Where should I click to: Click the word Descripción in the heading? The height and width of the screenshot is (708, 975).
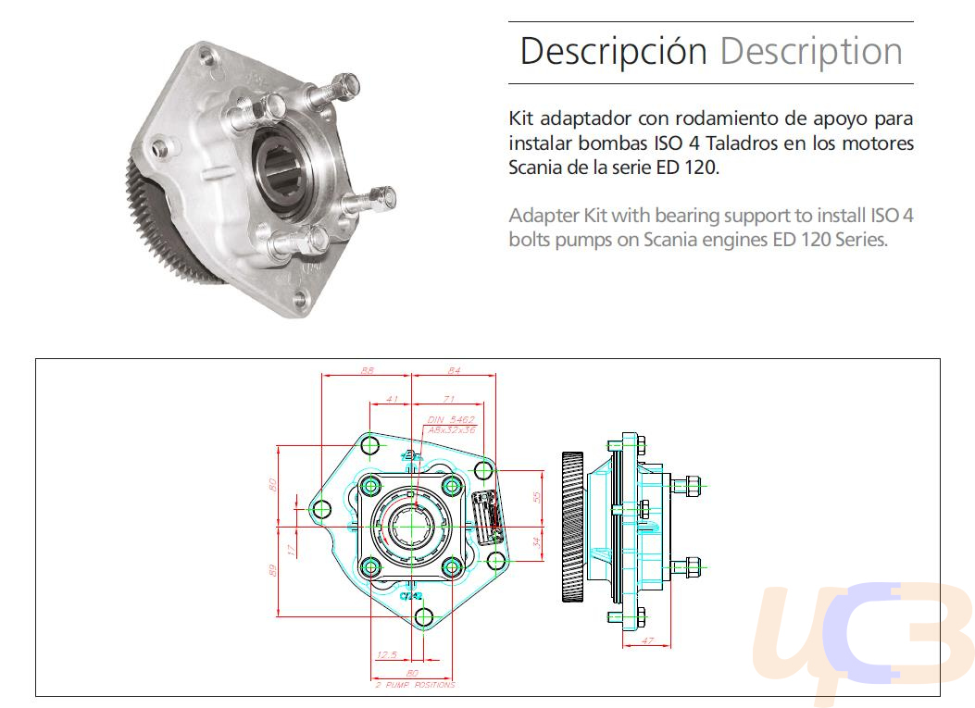(x=613, y=52)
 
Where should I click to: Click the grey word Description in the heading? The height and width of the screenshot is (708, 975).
(x=811, y=52)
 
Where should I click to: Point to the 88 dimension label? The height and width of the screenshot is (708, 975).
(x=367, y=370)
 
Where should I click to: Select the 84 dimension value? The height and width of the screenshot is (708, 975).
(x=454, y=370)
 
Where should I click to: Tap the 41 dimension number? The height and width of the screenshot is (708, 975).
(x=392, y=399)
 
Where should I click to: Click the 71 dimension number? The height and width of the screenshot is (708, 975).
(x=448, y=399)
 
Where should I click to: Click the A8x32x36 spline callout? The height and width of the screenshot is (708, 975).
(x=453, y=430)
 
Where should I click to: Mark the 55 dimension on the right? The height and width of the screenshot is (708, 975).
(x=536, y=497)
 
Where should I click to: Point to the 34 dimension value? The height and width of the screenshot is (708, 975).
(x=536, y=541)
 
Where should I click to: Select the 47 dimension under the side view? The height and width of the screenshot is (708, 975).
(x=648, y=640)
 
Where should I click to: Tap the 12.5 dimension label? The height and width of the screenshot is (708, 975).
(x=387, y=655)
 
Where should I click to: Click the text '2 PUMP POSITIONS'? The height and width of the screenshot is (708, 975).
(x=415, y=686)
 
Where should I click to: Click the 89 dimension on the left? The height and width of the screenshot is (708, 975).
(x=274, y=570)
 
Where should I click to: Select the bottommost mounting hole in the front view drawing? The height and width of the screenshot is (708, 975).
(x=425, y=616)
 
